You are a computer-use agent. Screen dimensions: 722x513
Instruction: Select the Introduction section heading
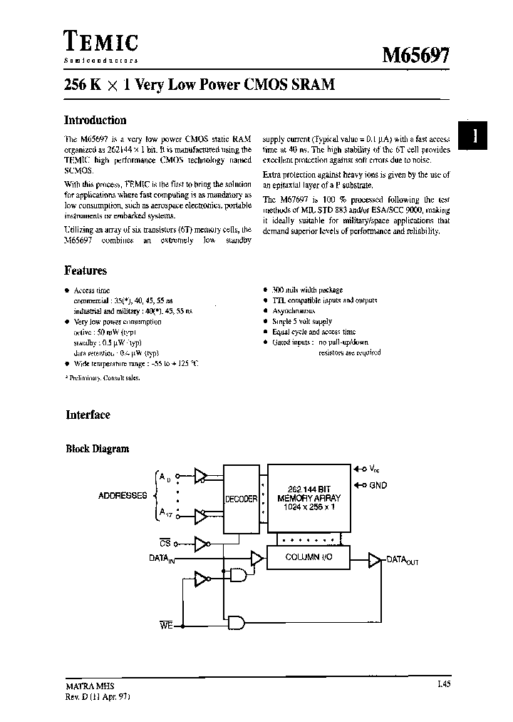click(x=95, y=121)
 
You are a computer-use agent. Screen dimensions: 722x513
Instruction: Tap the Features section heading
click(x=85, y=271)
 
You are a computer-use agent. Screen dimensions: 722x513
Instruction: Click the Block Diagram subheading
click(x=98, y=449)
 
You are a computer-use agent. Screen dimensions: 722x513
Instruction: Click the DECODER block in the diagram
click(x=241, y=499)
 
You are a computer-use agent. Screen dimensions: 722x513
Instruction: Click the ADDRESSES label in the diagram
click(x=122, y=495)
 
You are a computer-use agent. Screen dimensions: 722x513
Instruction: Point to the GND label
click(x=378, y=485)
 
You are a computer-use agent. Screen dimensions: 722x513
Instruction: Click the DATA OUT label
click(x=402, y=561)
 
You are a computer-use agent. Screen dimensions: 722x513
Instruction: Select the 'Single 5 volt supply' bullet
click(x=302, y=322)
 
